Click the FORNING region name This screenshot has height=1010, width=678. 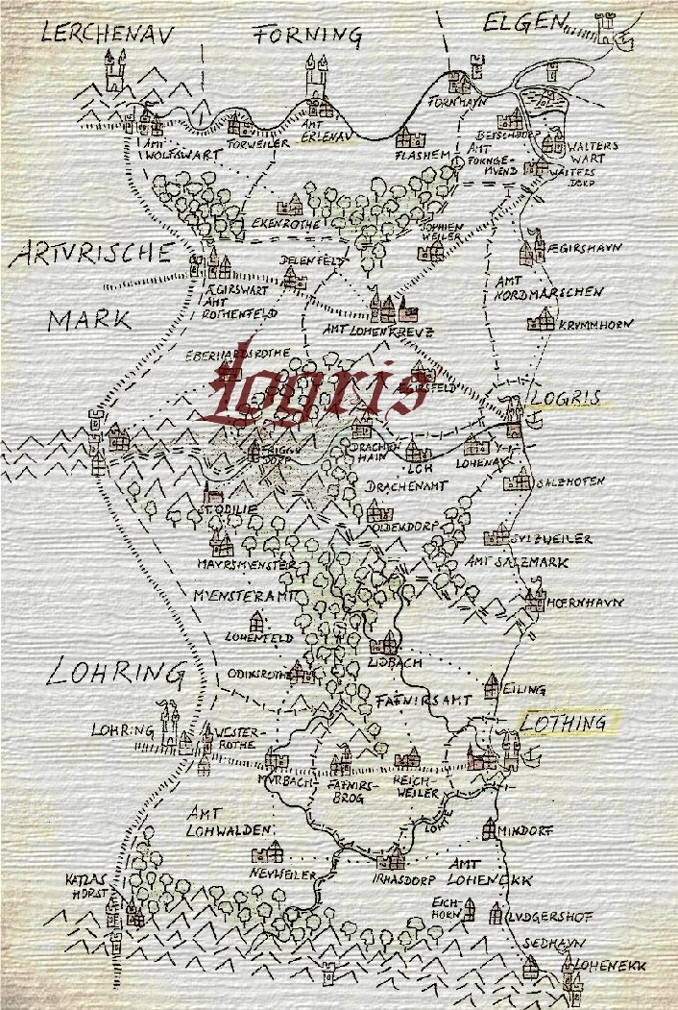click(307, 37)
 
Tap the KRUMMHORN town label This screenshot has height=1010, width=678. click(595, 326)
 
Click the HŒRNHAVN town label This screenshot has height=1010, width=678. click(586, 604)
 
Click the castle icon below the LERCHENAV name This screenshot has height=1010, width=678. click(116, 71)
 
